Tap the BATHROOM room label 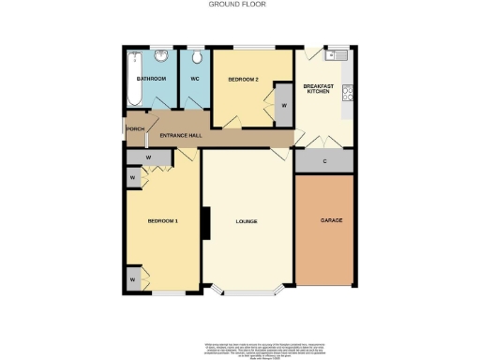click(151, 79)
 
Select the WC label click(196, 79)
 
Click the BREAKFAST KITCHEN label click(319, 90)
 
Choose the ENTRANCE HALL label click(181, 136)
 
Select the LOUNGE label click(247, 220)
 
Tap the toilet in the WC click(196, 55)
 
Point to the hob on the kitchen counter click(348, 92)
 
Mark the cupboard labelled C click(324, 162)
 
